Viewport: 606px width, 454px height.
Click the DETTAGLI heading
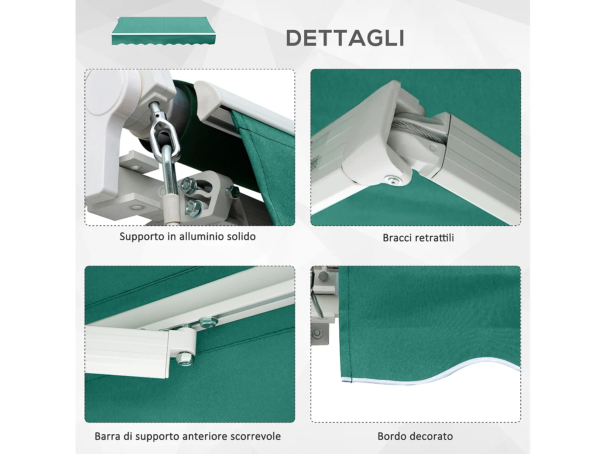tap(345, 38)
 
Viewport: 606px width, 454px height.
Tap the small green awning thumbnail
tap(163, 31)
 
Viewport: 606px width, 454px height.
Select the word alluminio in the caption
tap(201, 236)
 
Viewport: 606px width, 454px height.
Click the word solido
tap(241, 236)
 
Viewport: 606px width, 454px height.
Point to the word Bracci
tap(398, 238)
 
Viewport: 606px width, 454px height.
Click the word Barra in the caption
tap(107, 436)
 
